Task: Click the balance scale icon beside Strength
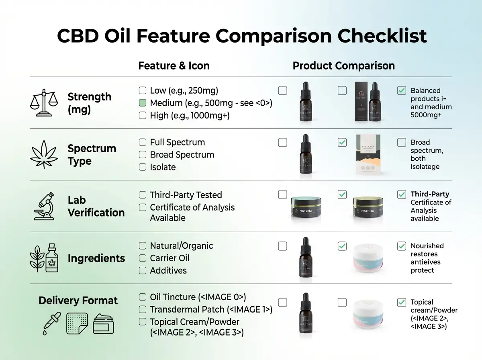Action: coord(42,103)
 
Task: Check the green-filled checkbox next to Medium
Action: coord(142,103)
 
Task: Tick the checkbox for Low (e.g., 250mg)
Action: coord(142,91)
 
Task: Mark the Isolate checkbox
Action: coord(142,167)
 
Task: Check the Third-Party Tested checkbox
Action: coord(142,195)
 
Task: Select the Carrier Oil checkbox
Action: coord(142,258)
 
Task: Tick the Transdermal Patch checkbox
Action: coord(142,310)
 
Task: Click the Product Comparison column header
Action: coord(343,66)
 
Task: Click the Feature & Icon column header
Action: coord(174,66)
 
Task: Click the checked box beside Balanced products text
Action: coord(401,91)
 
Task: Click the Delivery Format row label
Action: coord(78,301)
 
